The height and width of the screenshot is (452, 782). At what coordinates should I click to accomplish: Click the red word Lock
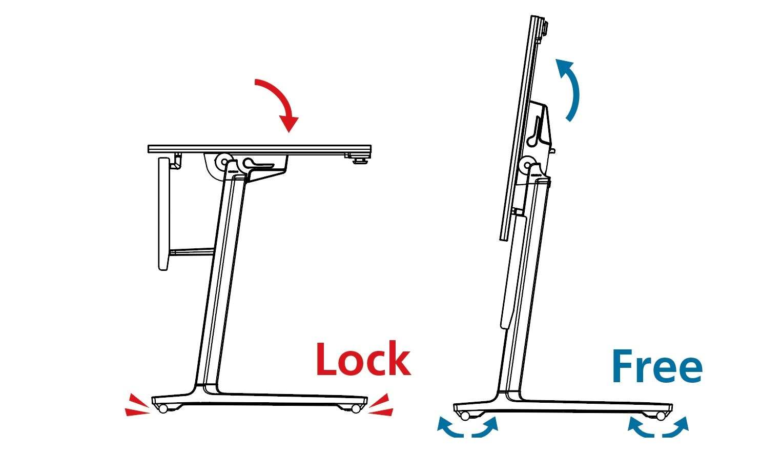[x=363, y=359]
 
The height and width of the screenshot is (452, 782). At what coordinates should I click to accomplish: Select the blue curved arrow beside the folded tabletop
[x=570, y=88]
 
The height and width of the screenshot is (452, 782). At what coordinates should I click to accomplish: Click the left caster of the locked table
[x=163, y=408]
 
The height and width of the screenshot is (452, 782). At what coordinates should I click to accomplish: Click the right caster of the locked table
[x=356, y=408]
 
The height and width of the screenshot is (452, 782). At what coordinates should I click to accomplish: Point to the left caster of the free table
[x=465, y=415]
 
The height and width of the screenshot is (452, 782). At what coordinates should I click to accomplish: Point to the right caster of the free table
[x=661, y=415]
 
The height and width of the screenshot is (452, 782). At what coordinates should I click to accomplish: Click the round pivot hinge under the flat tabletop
[x=224, y=162]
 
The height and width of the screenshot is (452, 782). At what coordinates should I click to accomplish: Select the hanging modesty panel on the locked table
[x=163, y=213]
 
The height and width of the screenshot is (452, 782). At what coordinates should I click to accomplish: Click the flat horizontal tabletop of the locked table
[x=259, y=149]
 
